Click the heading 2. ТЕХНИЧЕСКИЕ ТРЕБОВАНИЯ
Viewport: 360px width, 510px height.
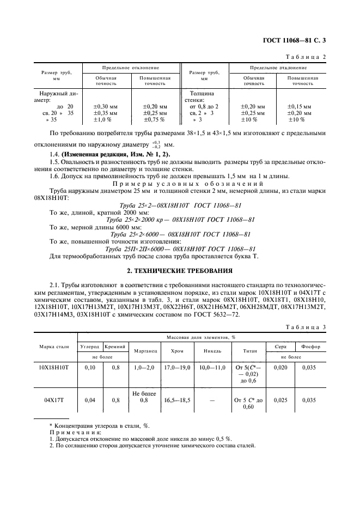[x=180, y=270]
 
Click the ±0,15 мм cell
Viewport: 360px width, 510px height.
[x=300, y=106]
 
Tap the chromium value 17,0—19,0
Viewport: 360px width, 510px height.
[x=177, y=368]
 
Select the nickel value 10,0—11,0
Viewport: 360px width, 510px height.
[x=212, y=368]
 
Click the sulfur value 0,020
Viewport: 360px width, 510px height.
[x=280, y=368]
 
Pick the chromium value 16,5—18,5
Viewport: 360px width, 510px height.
[x=177, y=400]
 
